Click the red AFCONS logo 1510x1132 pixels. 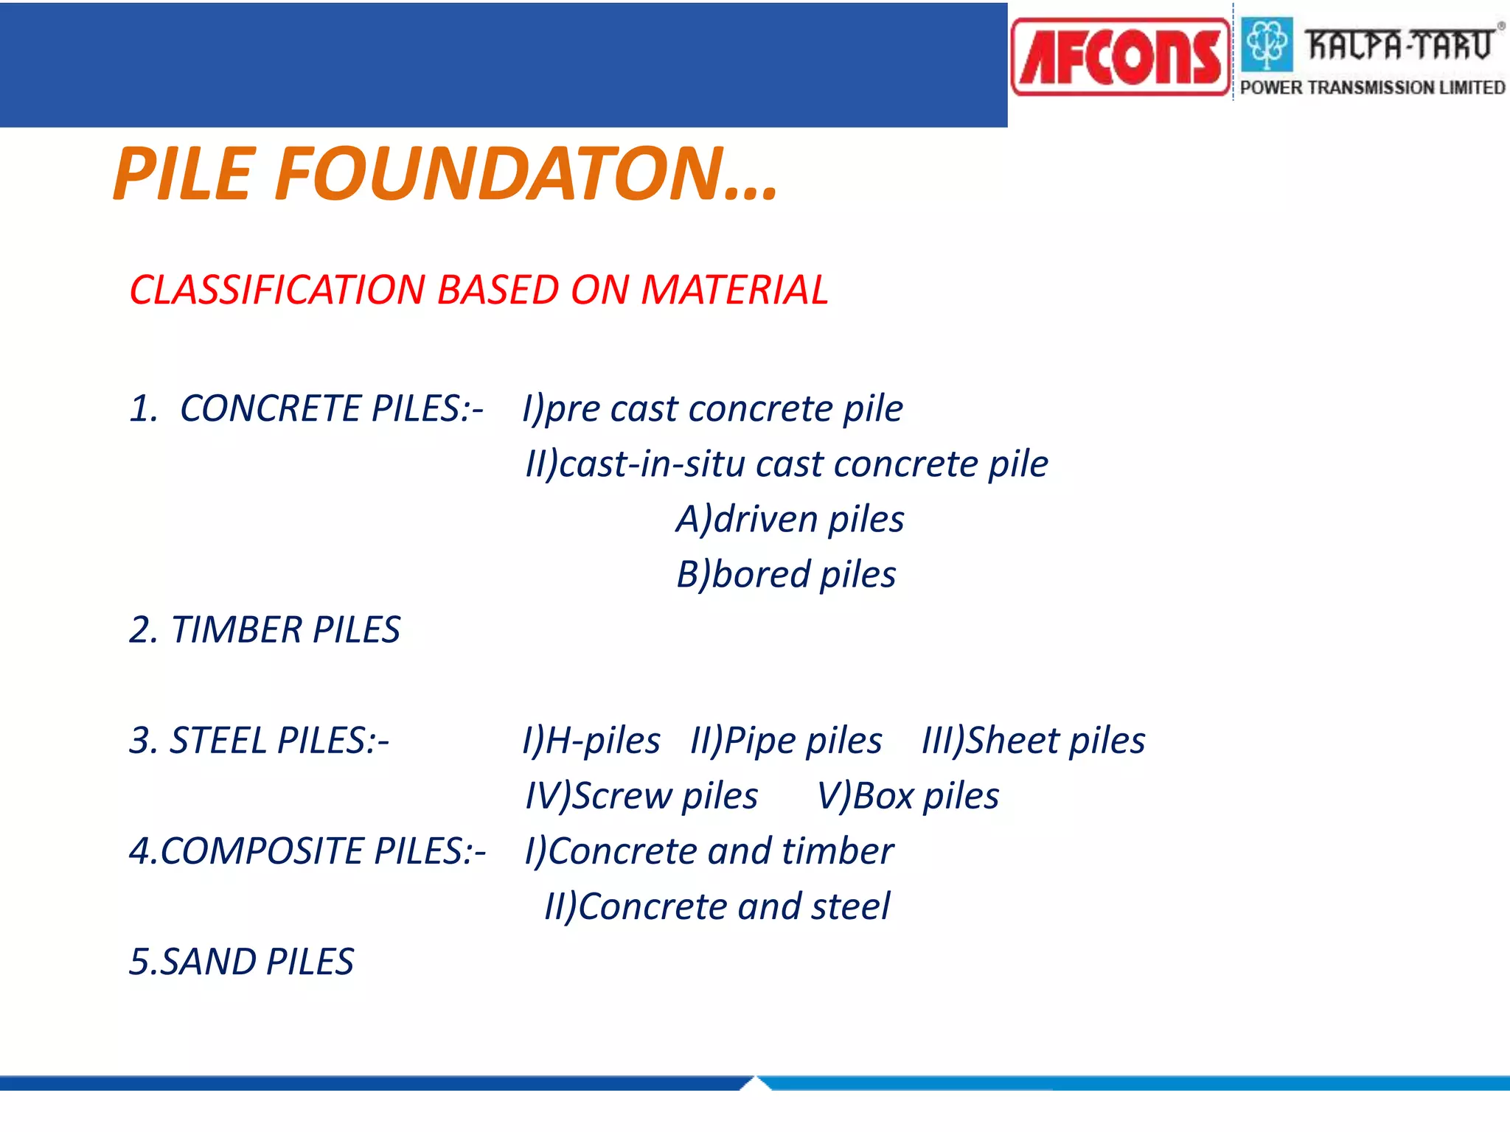1120,57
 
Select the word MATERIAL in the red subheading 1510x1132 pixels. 734,290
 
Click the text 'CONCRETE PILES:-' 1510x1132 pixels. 331,408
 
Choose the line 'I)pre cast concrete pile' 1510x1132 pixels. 712,408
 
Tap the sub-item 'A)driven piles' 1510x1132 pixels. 790,519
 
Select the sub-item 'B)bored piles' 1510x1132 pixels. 786,575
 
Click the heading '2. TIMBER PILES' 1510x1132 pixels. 264,630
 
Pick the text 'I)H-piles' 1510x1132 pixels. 591,741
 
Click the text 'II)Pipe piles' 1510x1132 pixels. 786,741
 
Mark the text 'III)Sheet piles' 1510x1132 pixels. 1034,741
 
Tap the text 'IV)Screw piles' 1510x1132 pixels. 641,796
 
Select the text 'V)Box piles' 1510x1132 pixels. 908,796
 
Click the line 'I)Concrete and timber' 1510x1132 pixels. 709,851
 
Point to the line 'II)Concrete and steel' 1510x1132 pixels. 717,906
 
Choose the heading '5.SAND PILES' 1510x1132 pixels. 241,962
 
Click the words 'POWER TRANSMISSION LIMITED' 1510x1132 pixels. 1372,88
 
